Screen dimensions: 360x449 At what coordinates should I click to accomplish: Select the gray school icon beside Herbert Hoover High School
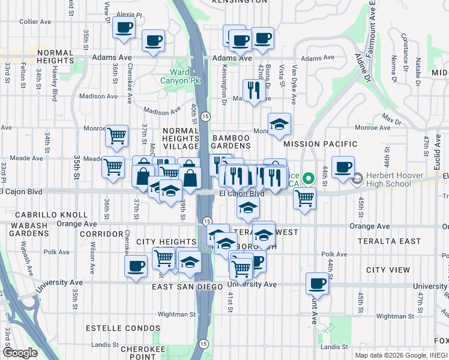[357, 178]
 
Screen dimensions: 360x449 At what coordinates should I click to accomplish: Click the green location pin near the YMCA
[309, 179]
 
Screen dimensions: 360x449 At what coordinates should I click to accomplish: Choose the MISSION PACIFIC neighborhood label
[320, 144]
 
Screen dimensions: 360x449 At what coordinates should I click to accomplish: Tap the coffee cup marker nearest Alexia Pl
[124, 27]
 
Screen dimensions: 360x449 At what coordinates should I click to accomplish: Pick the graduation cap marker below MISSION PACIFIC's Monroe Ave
[279, 124]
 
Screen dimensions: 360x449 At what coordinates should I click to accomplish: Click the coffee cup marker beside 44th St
[343, 167]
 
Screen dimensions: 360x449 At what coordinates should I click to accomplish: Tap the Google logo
[19, 353]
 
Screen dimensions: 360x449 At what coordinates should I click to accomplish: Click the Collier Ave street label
[35, 22]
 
